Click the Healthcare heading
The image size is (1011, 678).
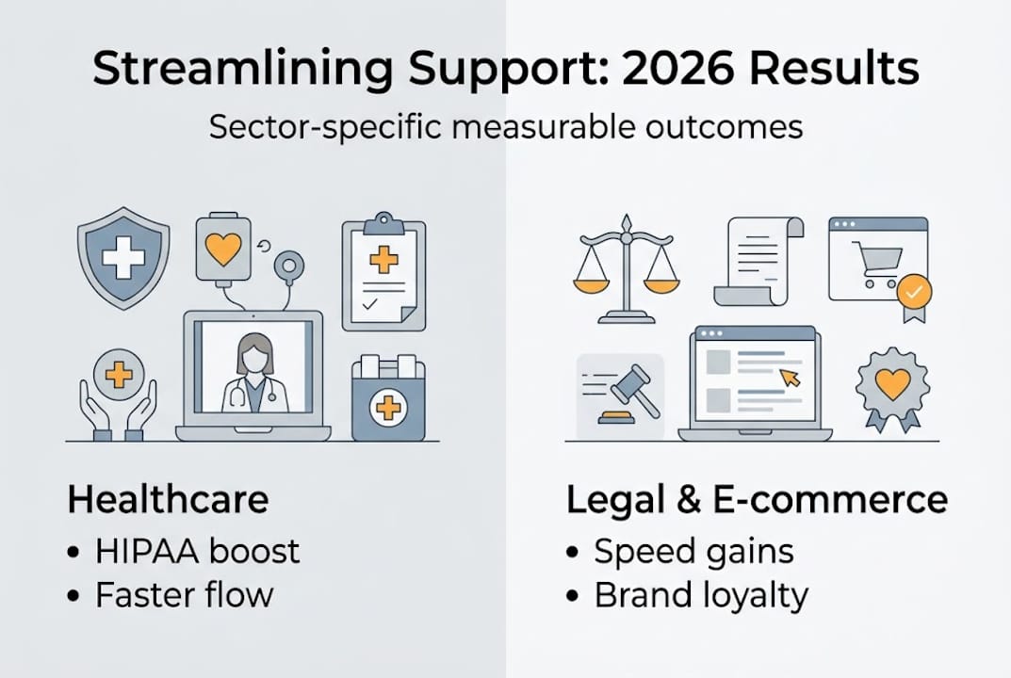[168, 500]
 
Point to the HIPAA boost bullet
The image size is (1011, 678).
[197, 551]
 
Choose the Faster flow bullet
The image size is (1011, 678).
[184, 595]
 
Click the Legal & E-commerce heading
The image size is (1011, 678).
[757, 500]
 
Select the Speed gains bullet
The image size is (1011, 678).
[693, 551]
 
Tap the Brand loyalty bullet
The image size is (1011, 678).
[700, 595]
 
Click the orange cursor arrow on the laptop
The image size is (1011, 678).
[790, 378]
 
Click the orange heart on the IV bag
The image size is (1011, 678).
[223, 249]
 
